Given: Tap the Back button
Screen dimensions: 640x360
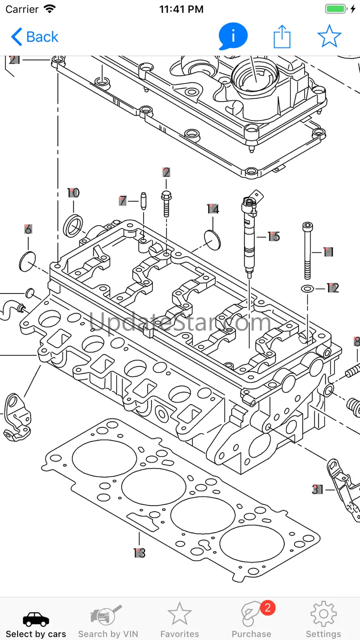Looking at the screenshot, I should click(x=35, y=37).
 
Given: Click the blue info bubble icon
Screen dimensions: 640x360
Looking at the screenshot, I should click(x=233, y=36).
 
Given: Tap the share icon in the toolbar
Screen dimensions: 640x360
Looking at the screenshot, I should click(x=282, y=36).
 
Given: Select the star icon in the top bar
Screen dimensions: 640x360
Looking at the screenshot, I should click(x=329, y=36).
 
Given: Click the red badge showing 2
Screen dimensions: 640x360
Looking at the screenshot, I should click(x=268, y=608).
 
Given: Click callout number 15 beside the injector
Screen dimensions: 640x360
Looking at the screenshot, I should click(x=274, y=237).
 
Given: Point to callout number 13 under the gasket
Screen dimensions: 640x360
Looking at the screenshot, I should click(x=139, y=553).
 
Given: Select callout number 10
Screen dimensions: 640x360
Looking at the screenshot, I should click(x=73, y=193).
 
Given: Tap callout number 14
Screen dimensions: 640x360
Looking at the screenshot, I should click(x=213, y=209).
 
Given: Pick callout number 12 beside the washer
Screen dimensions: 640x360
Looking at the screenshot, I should click(x=332, y=288).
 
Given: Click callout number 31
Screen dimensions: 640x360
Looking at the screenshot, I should click(x=318, y=489).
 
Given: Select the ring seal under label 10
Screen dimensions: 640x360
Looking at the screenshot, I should click(x=74, y=226).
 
